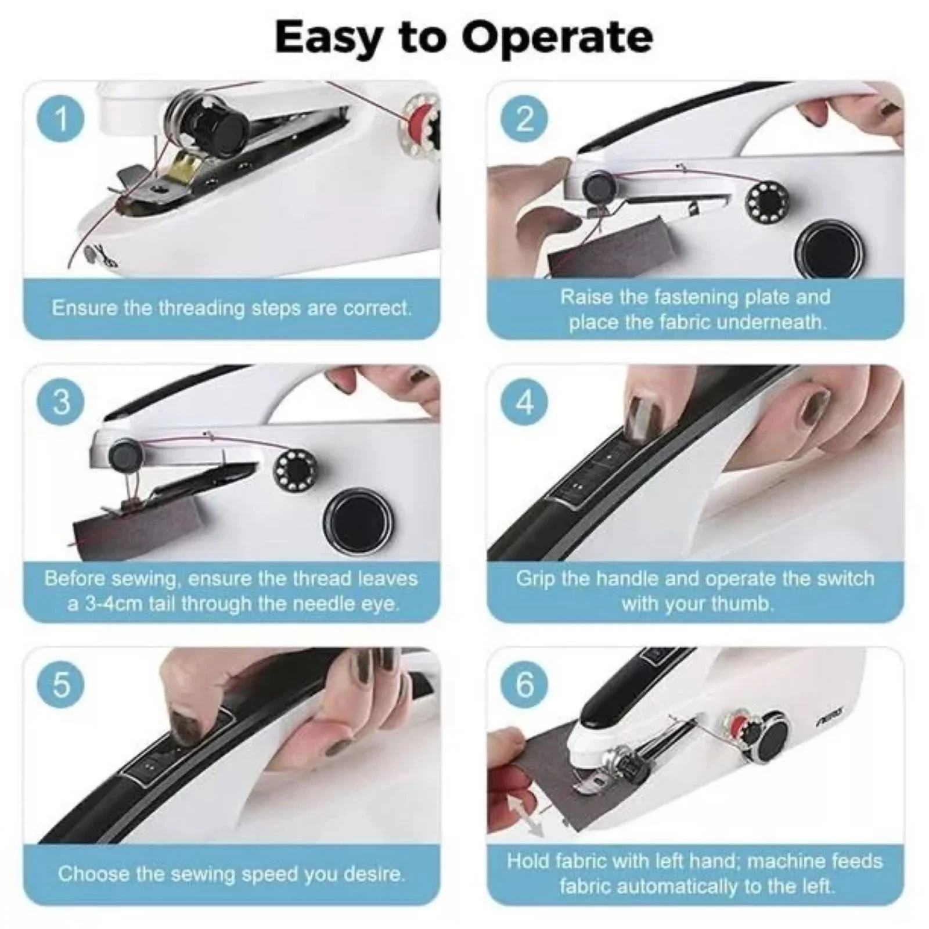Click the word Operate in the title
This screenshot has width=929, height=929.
coord(557,38)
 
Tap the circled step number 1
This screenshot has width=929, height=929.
coord(60,119)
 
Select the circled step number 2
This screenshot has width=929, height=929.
coord(524,119)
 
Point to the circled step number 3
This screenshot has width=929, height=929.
coord(60,402)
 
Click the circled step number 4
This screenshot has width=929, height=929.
coord(524,402)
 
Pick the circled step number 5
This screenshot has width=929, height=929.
coord(60,685)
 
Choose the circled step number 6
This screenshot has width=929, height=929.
coord(524,685)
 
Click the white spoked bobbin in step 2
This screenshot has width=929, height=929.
coord(762,201)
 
